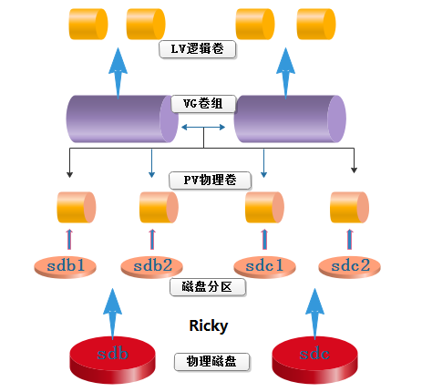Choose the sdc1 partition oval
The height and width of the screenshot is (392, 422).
pyautogui.click(x=264, y=266)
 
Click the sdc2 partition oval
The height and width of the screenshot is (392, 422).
pyautogui.click(x=350, y=266)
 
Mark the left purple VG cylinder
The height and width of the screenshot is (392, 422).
pyautogui.click(x=121, y=119)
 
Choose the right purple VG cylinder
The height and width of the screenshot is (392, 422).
pyautogui.click(x=289, y=119)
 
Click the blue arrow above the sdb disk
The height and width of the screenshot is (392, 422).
pyautogui.click(x=111, y=311)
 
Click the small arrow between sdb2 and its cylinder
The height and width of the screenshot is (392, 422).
pyautogui.click(x=152, y=240)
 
